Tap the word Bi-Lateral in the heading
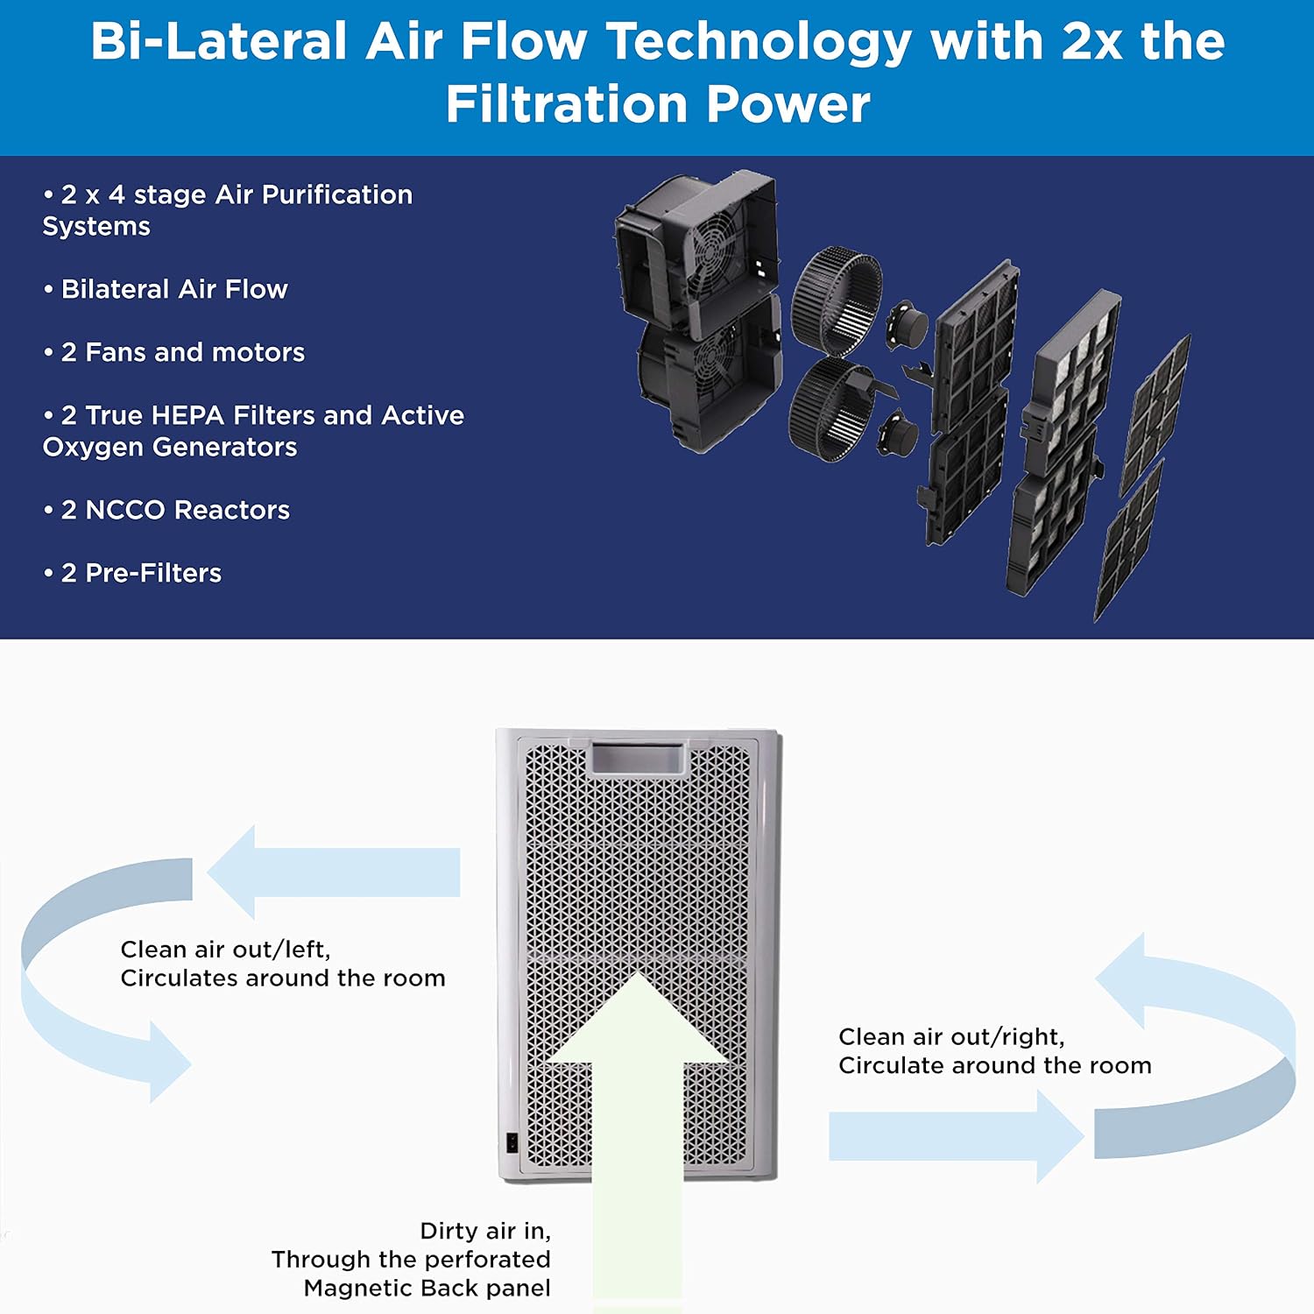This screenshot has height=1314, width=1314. point(219,41)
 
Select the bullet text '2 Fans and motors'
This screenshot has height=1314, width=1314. point(174,352)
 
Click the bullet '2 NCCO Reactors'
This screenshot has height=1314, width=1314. point(166,510)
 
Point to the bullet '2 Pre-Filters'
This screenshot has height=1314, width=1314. point(132,573)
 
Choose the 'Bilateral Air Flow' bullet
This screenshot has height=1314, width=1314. point(166,289)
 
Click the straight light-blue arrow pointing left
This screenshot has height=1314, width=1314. point(333,872)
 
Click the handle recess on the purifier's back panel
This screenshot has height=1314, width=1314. point(638,759)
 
